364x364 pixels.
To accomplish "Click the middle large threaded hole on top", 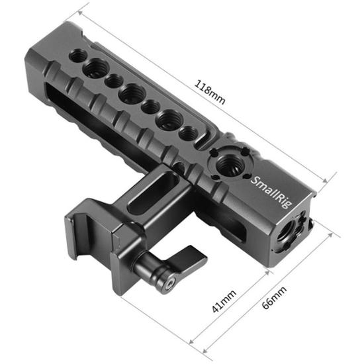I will point(131,94).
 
